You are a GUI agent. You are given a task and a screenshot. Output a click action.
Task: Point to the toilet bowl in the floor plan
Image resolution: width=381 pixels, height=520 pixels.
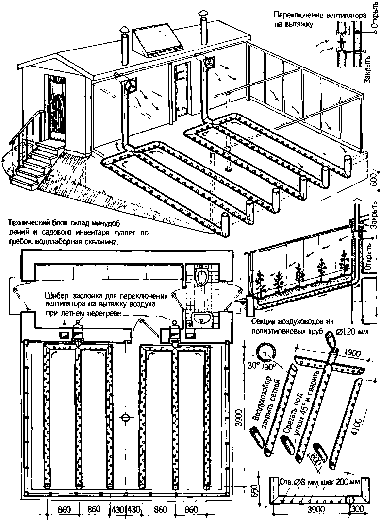point(203,277)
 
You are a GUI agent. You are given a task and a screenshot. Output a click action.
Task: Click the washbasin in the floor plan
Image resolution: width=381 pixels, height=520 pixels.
point(202,319)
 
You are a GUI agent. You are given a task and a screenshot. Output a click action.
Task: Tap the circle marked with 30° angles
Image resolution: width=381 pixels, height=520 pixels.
point(265,354)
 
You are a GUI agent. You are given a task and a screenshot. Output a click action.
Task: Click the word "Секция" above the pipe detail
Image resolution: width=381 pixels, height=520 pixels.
point(265,322)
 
